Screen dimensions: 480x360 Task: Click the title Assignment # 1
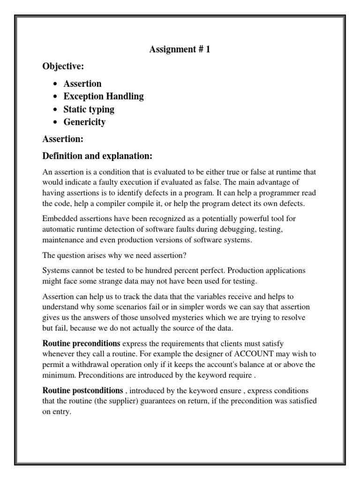click(x=180, y=49)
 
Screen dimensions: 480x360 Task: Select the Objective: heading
click(x=63, y=67)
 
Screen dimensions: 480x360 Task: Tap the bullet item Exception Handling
click(x=104, y=97)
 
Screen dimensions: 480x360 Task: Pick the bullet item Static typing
click(x=89, y=109)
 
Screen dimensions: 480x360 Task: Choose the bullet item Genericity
click(x=84, y=122)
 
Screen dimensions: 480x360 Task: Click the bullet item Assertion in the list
click(x=82, y=84)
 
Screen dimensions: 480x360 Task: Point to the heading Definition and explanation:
click(x=97, y=155)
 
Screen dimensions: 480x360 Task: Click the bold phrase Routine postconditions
click(x=83, y=390)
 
